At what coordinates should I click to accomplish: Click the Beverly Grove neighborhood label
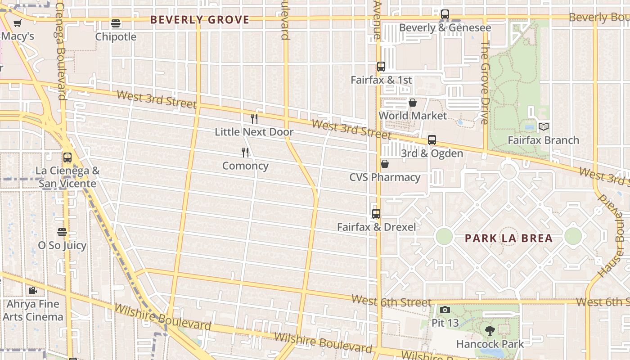point(199,20)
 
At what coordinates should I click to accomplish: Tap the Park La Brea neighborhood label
point(508,238)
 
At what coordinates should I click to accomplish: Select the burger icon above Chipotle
point(116,23)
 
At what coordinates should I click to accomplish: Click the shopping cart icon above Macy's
point(18,23)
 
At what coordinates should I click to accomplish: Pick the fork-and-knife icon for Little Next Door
point(254,119)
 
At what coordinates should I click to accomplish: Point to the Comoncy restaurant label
point(245,166)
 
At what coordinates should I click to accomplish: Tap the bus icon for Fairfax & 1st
point(381,67)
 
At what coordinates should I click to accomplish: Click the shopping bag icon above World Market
point(412,103)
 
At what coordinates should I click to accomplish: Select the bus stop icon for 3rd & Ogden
point(432,140)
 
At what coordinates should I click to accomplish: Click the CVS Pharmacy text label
point(385,177)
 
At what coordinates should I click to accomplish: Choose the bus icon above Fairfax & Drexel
point(376,214)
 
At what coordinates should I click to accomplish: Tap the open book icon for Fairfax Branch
point(544,127)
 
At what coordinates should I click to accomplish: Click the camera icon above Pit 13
point(445,310)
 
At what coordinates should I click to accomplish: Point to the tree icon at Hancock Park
point(490,331)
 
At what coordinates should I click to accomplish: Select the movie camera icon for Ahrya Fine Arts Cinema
point(32,291)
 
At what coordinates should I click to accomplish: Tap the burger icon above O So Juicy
point(62,232)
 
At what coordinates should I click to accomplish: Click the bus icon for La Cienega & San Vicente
point(67,157)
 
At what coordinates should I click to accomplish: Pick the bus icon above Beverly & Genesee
point(445,14)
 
